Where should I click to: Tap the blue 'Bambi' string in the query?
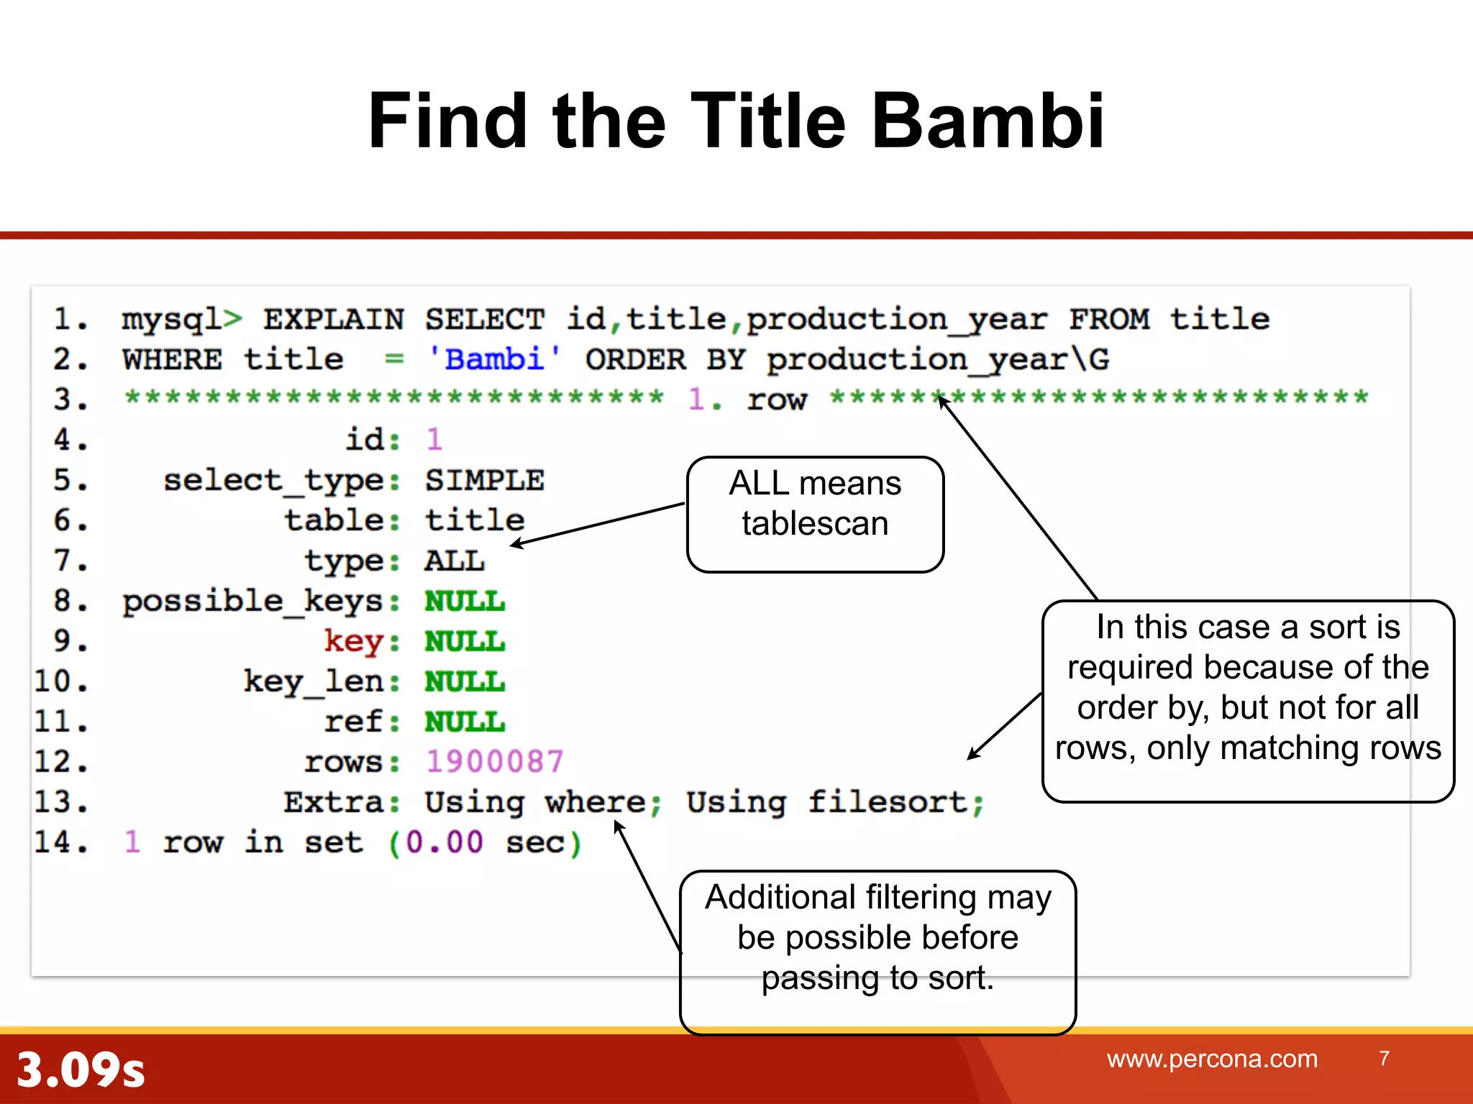(493, 359)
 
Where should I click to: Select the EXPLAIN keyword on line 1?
(333, 319)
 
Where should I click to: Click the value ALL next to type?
(454, 561)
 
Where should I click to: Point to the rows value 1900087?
(494, 762)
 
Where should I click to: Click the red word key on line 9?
(352, 640)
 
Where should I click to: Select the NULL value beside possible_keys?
(464, 601)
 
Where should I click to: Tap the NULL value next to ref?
(464, 722)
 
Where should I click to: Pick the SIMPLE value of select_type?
(484, 480)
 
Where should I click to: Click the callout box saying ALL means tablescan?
(815, 514)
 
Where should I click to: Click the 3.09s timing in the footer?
(81, 1069)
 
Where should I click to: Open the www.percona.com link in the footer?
(1212, 1059)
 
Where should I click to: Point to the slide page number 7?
(1384, 1058)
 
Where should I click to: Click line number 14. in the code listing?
(62, 842)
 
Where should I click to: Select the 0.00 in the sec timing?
(444, 842)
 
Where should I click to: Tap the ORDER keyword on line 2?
(635, 359)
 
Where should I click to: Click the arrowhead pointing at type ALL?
(516, 545)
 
